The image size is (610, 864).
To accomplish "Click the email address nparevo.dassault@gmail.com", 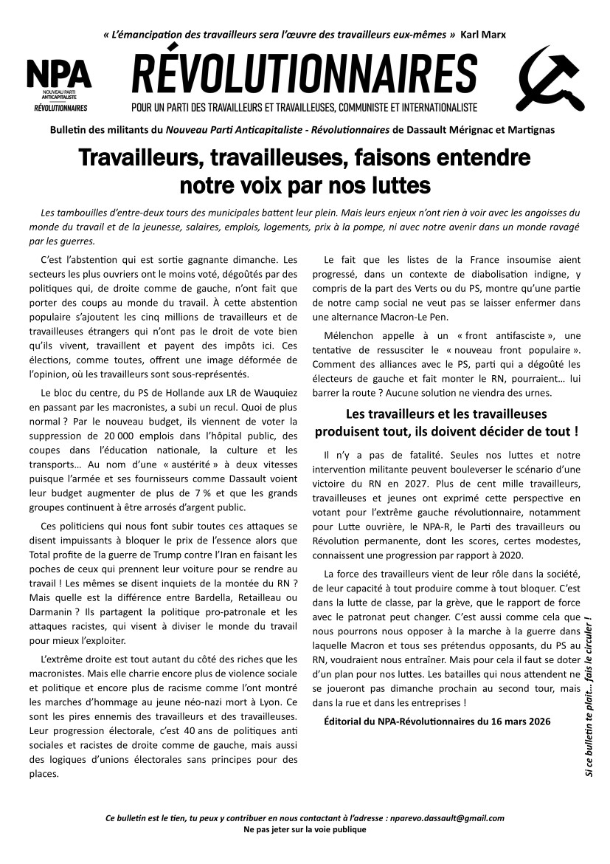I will coord(448,818).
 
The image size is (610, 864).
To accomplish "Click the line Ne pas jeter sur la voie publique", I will coord(305,829).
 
